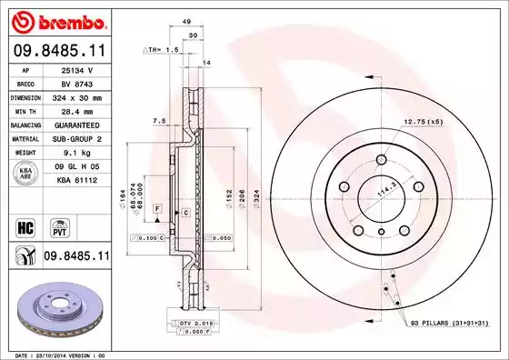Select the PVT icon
(x=59, y=225)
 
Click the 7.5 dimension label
(x=158, y=120)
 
